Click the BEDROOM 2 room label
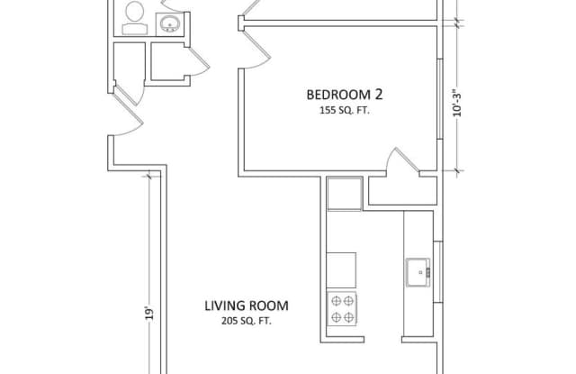point(344,95)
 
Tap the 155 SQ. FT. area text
point(344,110)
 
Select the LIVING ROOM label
point(247,306)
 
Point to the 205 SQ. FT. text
point(247,321)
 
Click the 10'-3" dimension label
point(456,103)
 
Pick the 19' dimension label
point(148,313)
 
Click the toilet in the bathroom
point(134,18)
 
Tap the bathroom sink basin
point(170,23)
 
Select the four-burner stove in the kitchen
point(342,308)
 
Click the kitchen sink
point(418,272)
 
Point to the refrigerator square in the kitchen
point(344,194)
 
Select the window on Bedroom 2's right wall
point(440,98)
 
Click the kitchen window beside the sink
point(438,272)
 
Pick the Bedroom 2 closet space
point(402,190)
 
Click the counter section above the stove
point(341,270)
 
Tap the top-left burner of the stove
point(336,301)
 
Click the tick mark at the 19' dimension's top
point(148,176)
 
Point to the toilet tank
point(135,29)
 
